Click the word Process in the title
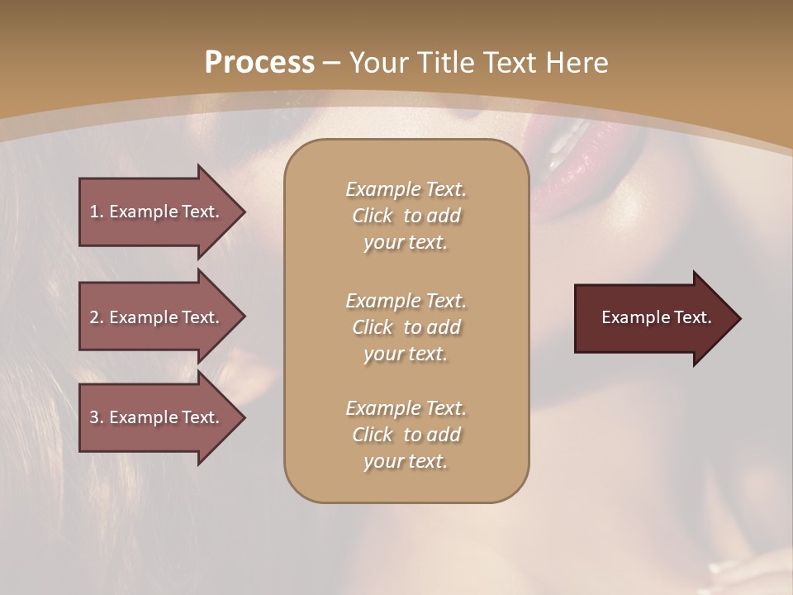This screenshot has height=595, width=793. tap(259, 63)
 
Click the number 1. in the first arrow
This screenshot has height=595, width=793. tap(97, 212)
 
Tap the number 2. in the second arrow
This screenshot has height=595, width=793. tap(97, 317)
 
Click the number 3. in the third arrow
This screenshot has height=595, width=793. tap(97, 417)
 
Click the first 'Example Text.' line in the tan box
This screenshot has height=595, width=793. tap(406, 189)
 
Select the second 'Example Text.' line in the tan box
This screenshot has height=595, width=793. tap(406, 301)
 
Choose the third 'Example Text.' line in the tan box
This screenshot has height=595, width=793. tap(406, 408)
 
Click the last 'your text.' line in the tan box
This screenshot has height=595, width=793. tap(406, 461)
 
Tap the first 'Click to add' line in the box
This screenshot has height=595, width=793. tap(406, 216)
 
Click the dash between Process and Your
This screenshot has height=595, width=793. tap(332, 63)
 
